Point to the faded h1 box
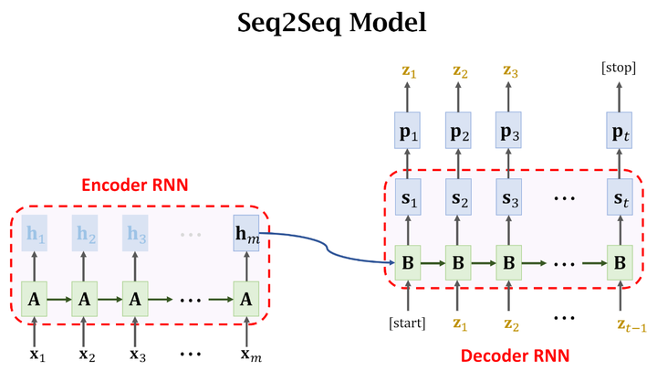35,234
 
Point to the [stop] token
620,69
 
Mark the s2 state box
458,198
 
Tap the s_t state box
620,198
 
